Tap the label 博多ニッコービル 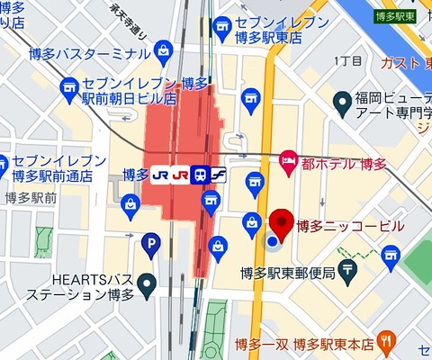350,227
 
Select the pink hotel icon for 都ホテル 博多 289,159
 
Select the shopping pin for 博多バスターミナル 164,49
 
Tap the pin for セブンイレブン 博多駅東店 220,28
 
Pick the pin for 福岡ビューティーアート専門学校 342,101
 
